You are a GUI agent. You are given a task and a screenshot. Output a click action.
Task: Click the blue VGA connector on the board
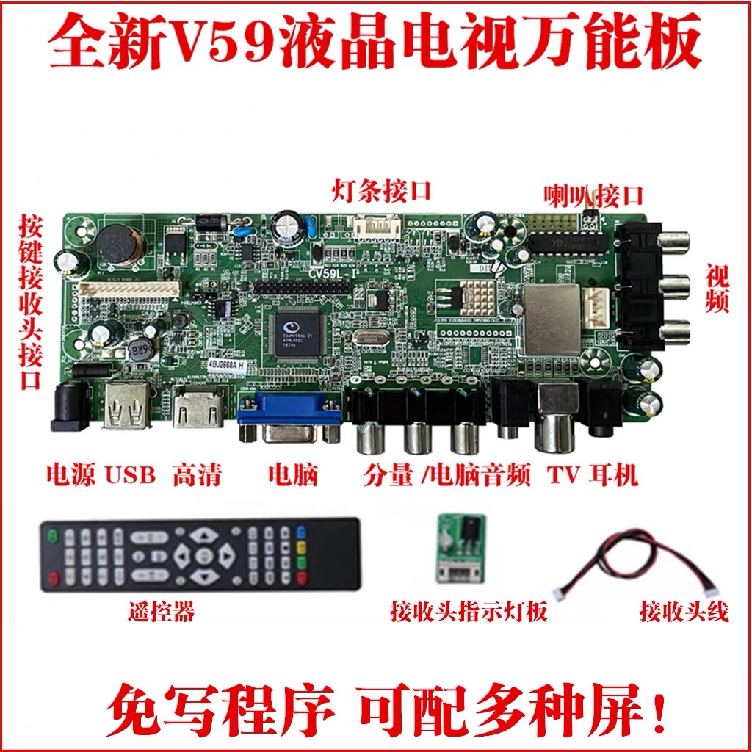pyautogui.click(x=289, y=418)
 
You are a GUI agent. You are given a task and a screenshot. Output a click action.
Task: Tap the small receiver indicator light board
pyautogui.click(x=460, y=546)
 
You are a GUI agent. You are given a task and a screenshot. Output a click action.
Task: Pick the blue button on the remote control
pyautogui.click(x=300, y=532)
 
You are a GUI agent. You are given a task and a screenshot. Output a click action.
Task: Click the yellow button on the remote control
pyautogui.click(x=300, y=547)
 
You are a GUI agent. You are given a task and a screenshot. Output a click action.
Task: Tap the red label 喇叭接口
pyautogui.click(x=593, y=195)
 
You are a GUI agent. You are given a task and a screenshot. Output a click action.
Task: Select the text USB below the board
pyautogui.click(x=131, y=476)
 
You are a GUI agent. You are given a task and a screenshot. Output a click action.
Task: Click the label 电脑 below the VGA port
pyautogui.click(x=293, y=476)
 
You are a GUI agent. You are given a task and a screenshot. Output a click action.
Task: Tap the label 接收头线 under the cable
pyautogui.click(x=683, y=611)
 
